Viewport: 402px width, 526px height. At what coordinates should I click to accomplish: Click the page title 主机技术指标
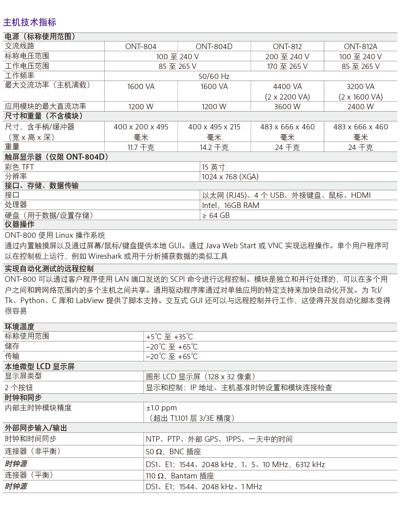(x=29, y=23)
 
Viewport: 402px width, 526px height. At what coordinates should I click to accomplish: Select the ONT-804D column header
(x=214, y=47)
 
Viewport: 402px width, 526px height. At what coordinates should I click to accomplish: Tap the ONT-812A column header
(x=361, y=47)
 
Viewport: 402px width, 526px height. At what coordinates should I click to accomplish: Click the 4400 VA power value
(x=287, y=87)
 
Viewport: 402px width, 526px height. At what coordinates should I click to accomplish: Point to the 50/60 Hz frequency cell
(x=214, y=77)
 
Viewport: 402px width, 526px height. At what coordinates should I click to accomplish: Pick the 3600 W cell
(x=287, y=107)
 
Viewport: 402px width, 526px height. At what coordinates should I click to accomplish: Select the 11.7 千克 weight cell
(x=141, y=148)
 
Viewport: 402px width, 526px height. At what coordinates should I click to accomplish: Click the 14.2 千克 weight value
(x=214, y=148)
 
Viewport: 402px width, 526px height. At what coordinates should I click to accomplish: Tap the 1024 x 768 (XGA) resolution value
(x=230, y=177)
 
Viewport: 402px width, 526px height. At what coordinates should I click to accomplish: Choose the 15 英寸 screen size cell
(x=213, y=167)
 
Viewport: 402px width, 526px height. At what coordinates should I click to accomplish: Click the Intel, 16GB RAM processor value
(x=230, y=206)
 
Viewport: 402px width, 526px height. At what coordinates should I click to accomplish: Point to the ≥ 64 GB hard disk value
(x=216, y=216)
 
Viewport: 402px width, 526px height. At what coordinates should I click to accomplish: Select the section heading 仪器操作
(x=19, y=225)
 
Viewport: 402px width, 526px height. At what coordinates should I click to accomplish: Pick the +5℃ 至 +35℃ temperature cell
(x=169, y=337)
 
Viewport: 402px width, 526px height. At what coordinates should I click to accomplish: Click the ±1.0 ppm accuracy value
(x=161, y=408)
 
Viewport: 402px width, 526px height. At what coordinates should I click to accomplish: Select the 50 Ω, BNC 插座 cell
(x=173, y=452)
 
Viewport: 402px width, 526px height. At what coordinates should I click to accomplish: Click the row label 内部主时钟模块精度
(x=38, y=408)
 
